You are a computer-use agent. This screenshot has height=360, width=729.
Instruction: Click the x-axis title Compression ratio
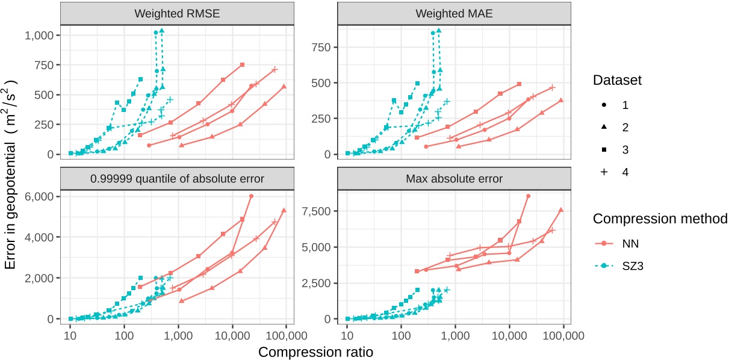pos(315,352)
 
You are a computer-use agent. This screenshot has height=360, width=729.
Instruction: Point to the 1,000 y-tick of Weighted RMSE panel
pos(42,35)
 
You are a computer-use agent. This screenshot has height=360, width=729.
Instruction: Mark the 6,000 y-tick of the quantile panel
pos(42,196)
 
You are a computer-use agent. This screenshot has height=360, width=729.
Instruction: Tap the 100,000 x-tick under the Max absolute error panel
pos(562,335)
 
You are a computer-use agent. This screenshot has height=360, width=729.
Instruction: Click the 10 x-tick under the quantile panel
pos(70,335)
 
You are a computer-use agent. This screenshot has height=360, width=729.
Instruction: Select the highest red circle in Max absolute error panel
pos(528,196)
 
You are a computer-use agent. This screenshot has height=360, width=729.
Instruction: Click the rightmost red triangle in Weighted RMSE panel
pos(284,87)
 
